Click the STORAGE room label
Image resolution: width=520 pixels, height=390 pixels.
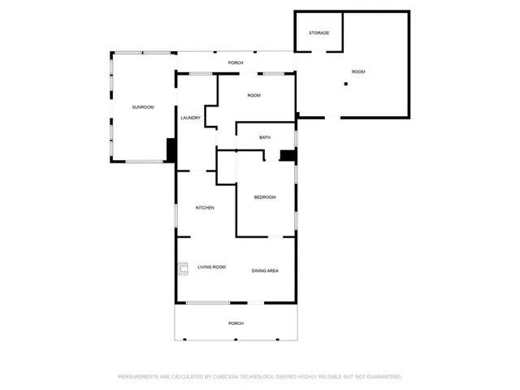click(x=318, y=32)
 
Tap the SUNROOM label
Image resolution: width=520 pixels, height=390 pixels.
click(x=143, y=107)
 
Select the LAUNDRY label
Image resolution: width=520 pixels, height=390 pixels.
click(x=191, y=118)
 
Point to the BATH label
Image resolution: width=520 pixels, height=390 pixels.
click(x=265, y=137)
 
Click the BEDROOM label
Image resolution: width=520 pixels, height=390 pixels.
click(x=265, y=197)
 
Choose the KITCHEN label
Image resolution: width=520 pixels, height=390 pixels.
click(x=205, y=208)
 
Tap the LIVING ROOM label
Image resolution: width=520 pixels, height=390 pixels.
click(x=211, y=267)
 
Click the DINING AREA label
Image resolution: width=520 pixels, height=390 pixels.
click(x=265, y=271)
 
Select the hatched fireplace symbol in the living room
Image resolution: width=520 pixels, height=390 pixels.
click(x=183, y=269)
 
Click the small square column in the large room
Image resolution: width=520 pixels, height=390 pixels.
click(x=346, y=84)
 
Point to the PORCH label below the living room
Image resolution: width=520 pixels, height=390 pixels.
click(x=236, y=323)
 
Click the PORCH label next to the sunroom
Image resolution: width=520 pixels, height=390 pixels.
click(x=236, y=63)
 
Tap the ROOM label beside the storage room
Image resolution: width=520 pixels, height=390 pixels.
click(x=358, y=71)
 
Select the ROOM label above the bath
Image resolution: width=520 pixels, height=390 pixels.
click(x=254, y=96)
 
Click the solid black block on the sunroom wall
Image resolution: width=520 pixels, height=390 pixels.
click(x=171, y=150)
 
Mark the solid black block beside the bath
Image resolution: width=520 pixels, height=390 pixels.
click(x=288, y=155)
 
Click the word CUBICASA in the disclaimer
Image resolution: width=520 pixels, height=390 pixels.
click(x=225, y=377)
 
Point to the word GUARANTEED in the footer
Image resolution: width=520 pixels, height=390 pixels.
click(x=386, y=377)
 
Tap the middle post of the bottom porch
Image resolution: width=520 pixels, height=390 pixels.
click(x=236, y=340)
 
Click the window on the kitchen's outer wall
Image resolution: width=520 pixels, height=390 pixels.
click(x=175, y=216)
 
